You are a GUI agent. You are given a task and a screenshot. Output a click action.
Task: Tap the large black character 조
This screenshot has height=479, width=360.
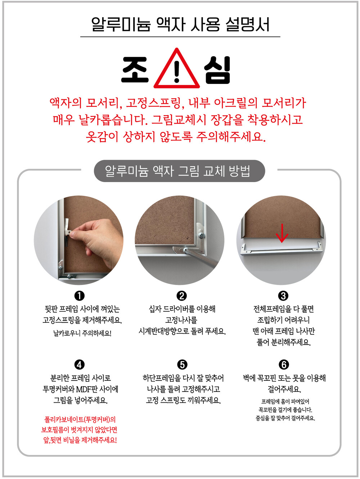coord(135,69)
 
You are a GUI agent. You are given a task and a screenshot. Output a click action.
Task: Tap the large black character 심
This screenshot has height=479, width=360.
coord(217,70)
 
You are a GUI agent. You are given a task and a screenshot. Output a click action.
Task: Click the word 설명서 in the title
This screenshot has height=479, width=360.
coord(247,24)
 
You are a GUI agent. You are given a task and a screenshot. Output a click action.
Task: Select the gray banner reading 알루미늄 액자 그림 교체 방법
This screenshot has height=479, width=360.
coord(179,171)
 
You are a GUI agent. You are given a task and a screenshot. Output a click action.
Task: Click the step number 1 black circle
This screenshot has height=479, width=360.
coord(79,296)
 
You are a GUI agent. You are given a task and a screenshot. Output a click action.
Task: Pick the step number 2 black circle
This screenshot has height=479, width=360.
coord(182,296)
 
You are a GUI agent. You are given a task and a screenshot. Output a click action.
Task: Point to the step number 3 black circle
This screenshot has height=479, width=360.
coord(283,296)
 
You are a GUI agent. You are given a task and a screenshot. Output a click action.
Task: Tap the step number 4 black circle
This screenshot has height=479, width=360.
coord(79,365)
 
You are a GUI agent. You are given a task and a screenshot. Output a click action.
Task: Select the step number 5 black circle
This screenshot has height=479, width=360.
coord(182,365)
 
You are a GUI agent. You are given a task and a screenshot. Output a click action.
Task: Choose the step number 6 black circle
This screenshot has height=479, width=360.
coord(284,365)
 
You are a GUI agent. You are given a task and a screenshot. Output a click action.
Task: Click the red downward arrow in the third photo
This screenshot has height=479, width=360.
coord(282,233)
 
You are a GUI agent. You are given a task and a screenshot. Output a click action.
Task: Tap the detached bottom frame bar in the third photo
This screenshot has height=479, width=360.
coord(281,249)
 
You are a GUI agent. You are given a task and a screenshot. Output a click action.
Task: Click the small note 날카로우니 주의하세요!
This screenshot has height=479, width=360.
coord(82,334)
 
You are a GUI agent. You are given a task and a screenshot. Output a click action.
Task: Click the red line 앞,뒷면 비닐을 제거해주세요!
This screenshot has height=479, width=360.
coord(80,440)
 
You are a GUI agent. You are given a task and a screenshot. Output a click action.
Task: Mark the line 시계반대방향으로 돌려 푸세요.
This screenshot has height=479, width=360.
coord(182,331)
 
